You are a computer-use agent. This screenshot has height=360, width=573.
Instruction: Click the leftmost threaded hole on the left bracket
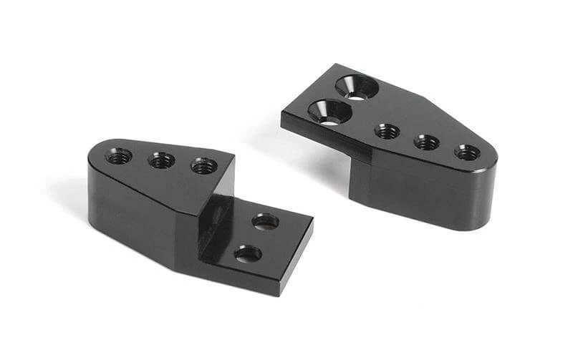(119, 155)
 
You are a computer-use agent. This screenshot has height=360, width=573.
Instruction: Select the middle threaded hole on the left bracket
(162, 160)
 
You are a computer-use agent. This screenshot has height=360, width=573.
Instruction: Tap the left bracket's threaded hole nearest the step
(204, 165)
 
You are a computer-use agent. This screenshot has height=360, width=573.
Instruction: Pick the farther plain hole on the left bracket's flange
(266, 221)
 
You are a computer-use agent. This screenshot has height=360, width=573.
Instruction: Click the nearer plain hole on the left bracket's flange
(248, 253)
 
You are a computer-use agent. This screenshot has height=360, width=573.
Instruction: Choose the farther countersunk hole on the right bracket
(356, 87)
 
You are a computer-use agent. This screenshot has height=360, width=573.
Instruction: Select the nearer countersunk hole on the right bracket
(329, 112)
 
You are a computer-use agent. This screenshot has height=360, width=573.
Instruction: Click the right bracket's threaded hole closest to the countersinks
(387, 131)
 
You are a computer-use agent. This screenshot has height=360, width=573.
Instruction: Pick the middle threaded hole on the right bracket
(427, 142)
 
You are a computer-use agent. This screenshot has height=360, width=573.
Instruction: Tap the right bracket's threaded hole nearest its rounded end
(468, 152)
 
